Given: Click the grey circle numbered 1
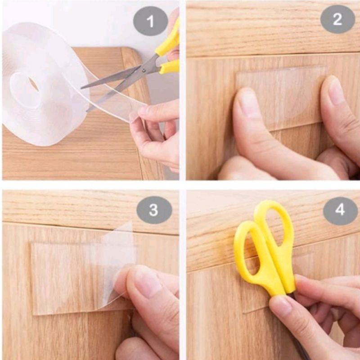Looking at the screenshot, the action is pyautogui.click(x=150, y=21).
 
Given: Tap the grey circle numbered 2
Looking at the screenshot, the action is pyautogui.click(x=337, y=19).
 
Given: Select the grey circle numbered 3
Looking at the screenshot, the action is pyautogui.click(x=154, y=210).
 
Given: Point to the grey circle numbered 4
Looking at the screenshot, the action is pyautogui.click(x=340, y=210).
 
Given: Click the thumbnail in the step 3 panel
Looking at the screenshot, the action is pyautogui.click(x=147, y=283).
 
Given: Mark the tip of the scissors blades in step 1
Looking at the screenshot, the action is pyautogui.click(x=81, y=88).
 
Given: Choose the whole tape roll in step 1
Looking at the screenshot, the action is pyautogui.click(x=45, y=84).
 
